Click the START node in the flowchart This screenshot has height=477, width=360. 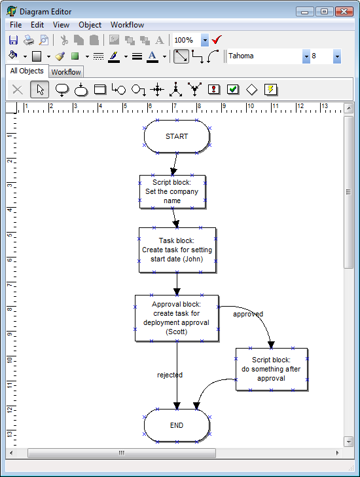(177, 136)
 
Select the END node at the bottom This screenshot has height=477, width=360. (177, 425)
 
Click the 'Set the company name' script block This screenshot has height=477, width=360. (172, 191)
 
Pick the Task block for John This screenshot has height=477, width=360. (177, 250)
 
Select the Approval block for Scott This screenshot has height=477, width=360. (176, 318)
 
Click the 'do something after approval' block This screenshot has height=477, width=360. (271, 369)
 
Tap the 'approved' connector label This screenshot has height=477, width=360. (248, 314)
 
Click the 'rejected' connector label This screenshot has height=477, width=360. (170, 375)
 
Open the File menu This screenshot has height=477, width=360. (16, 25)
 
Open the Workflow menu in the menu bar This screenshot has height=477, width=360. (127, 25)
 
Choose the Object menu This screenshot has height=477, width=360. (90, 25)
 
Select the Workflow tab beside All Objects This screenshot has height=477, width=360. (66, 72)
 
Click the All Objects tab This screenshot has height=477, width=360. (27, 71)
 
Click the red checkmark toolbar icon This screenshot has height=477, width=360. (217, 40)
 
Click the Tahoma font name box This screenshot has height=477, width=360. (264, 56)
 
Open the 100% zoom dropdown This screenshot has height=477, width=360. (205, 40)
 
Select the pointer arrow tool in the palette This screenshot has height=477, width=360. (39, 89)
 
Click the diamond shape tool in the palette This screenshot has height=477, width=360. (251, 89)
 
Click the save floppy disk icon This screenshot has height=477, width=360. (13, 40)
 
